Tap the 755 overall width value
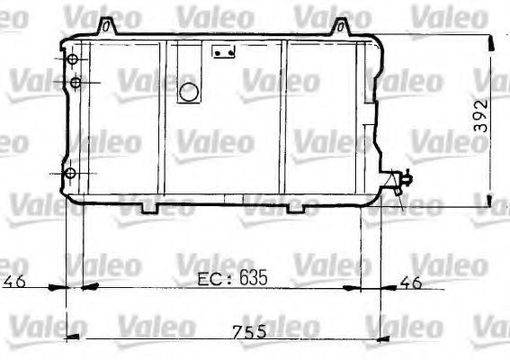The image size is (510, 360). pos(249,332)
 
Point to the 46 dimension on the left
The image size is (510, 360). pos(13,282)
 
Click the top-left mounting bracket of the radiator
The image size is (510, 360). pos(108,25)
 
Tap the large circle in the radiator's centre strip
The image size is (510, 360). pos(189,91)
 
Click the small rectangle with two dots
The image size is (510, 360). pos(223,53)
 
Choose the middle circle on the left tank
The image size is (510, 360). pos(76,84)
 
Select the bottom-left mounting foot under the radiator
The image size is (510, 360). pos(150,209)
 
